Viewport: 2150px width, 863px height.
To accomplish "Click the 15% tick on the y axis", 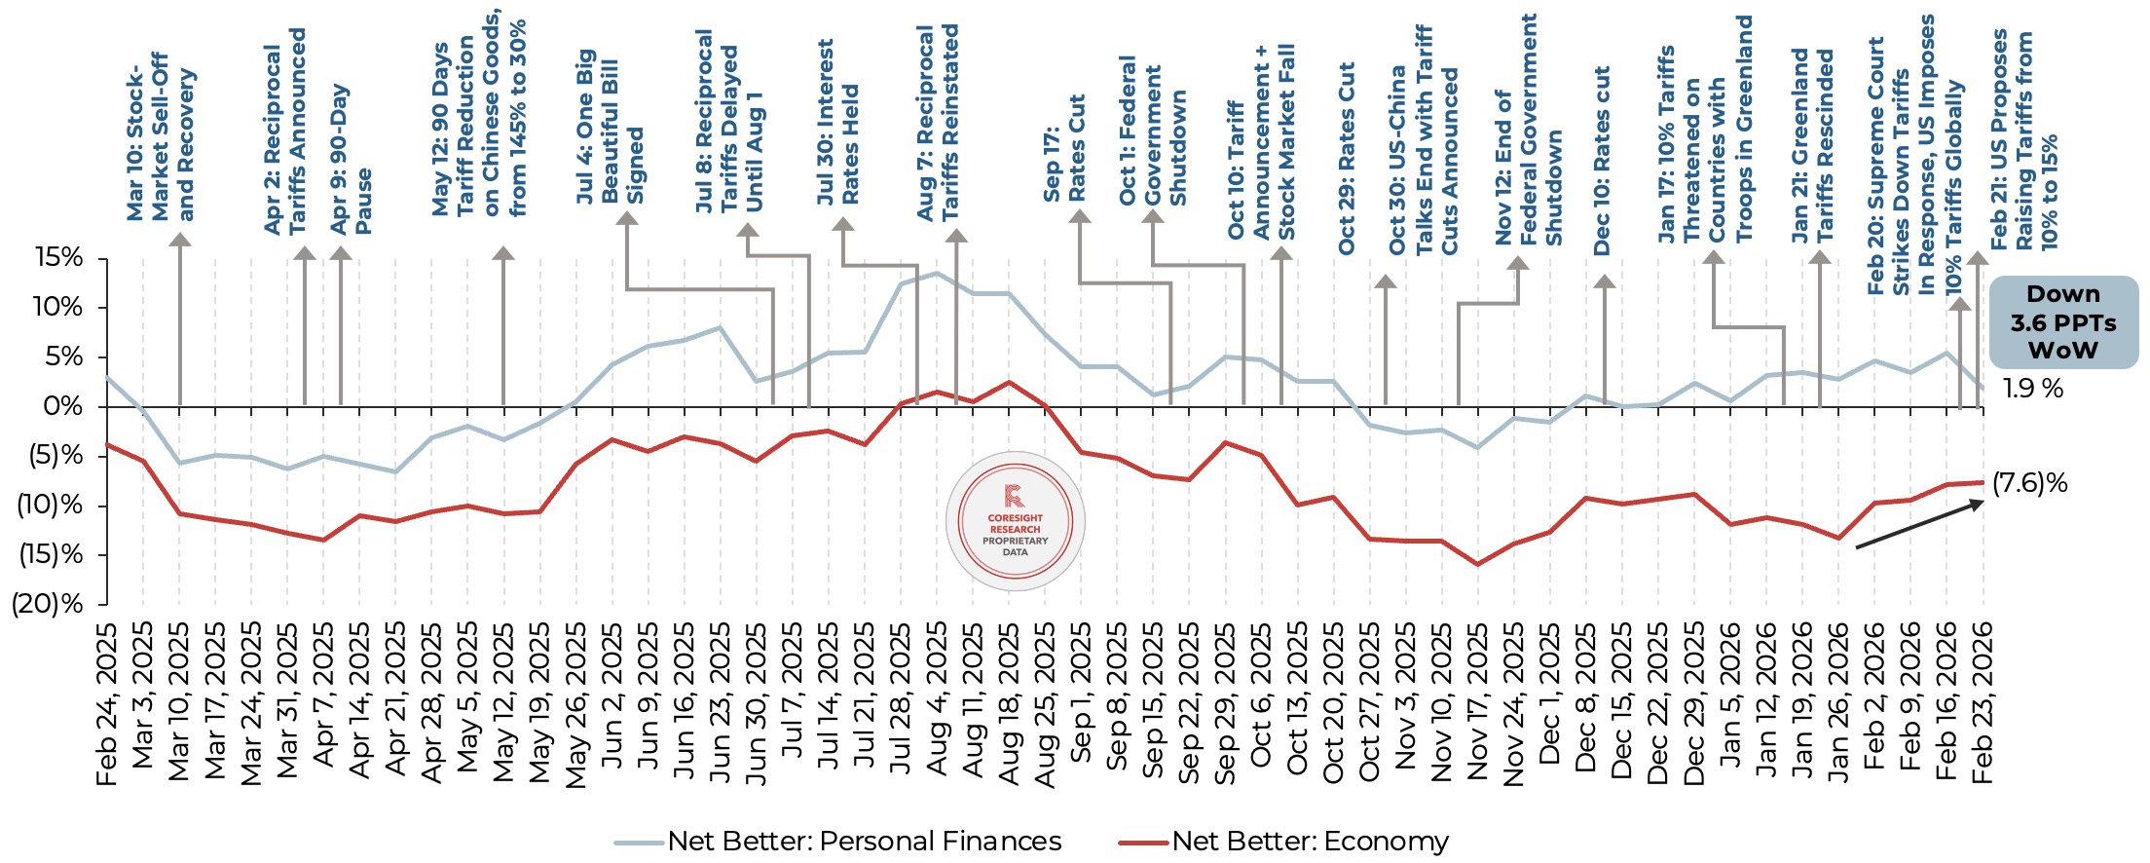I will [x=58, y=258].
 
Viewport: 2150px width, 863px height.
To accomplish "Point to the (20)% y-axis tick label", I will [x=47, y=604].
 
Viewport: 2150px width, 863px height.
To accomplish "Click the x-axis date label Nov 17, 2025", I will [x=1477, y=701].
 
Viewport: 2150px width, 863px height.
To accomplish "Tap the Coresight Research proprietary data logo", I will [x=1015, y=521].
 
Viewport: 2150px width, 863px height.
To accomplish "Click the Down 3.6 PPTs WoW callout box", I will [x=2062, y=322].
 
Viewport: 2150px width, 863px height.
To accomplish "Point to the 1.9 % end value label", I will [x=2032, y=389].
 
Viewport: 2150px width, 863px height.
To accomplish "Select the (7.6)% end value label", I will [x=2029, y=483].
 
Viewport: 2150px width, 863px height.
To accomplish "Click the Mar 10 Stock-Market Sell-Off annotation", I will [x=161, y=136].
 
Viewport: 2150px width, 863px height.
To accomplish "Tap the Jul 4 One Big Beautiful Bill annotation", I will [x=611, y=127].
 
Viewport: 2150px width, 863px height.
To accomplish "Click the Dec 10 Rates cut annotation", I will [x=1602, y=161].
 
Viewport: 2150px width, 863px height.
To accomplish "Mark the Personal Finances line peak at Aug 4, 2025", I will [x=937, y=273].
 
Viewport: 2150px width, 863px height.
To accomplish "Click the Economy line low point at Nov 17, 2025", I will [x=1477, y=564].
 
